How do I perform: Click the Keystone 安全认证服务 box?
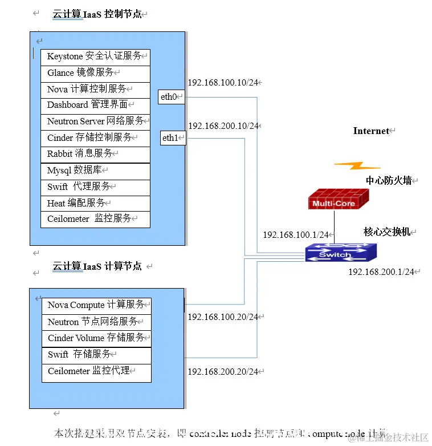coord(95,57)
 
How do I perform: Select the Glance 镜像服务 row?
coord(95,74)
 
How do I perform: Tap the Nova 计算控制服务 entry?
coord(95,90)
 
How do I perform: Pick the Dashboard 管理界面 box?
coord(95,106)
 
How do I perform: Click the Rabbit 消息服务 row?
coord(95,154)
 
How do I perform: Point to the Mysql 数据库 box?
coord(95,171)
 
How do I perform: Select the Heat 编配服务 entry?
coord(95,203)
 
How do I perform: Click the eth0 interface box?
coord(172,97)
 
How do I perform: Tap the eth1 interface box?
coord(173,138)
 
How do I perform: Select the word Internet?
coord(371,131)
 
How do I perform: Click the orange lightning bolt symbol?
coord(357,166)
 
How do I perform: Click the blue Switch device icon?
coord(340,252)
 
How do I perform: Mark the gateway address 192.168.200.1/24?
coord(381,272)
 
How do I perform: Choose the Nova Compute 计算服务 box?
coord(96,306)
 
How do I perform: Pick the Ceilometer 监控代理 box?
coord(96,372)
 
